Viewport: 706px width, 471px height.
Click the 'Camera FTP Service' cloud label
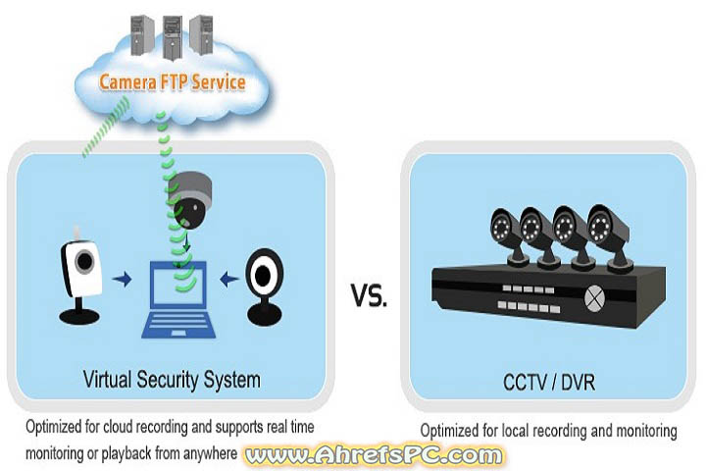coord(172,80)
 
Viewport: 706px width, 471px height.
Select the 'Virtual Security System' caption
coord(173,379)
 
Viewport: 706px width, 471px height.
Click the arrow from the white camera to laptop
coord(124,281)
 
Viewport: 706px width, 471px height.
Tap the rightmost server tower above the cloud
coord(200,32)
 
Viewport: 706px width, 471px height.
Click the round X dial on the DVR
coord(594,294)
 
